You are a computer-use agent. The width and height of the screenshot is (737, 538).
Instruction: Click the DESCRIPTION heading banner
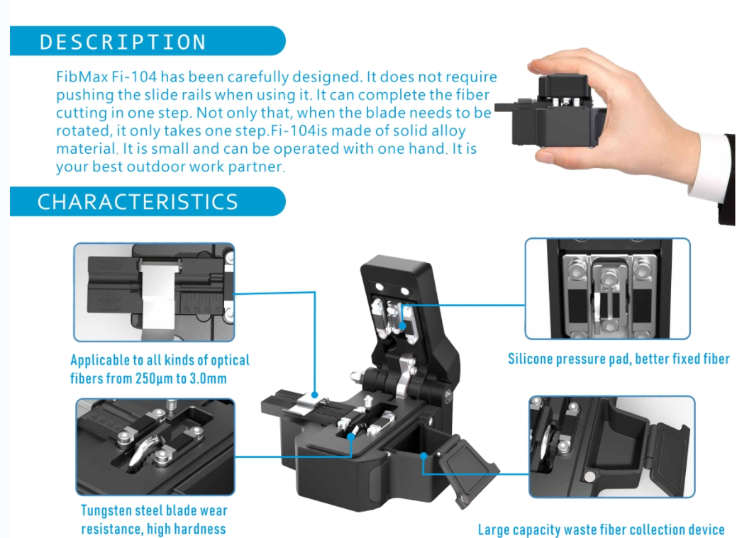click(148, 41)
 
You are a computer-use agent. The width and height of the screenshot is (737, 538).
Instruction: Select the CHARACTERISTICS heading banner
click(148, 201)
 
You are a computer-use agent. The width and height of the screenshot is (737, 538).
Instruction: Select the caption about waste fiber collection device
click(602, 529)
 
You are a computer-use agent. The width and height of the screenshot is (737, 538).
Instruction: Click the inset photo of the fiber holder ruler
click(154, 292)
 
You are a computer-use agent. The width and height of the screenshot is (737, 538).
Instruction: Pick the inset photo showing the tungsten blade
click(155, 447)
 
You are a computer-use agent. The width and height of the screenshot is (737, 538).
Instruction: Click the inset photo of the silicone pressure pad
click(607, 288)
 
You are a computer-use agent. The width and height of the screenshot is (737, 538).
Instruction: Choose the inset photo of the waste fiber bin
click(611, 447)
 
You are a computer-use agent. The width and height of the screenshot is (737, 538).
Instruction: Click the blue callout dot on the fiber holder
click(314, 395)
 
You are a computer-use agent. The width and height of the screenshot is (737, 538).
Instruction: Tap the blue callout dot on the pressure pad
click(402, 325)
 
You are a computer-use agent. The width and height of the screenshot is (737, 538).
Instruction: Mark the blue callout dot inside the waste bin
click(423, 455)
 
